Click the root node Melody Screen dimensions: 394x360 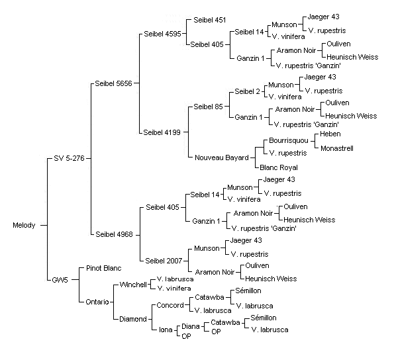tap(24, 225)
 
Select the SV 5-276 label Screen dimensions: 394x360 tap(69, 158)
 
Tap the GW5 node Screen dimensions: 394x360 tap(60, 280)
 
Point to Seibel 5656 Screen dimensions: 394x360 tap(113, 83)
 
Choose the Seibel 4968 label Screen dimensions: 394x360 tap(114, 234)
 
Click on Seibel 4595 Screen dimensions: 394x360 tap(162, 34)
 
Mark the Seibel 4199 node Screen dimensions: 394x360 tap(162, 132)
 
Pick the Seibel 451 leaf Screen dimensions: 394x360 tap(210, 20)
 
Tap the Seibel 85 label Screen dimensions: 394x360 tap(208, 107)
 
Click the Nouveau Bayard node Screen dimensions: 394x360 tap(222, 157)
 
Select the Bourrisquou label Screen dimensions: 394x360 tap(289, 140)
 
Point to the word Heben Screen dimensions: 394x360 tap(330, 134)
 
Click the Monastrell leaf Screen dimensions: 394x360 tap(336, 148)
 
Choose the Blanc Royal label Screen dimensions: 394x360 tap(278, 167)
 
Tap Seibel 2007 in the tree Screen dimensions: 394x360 tap(164, 261)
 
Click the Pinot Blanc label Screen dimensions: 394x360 tap(103, 268)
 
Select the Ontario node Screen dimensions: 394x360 tap(97, 302)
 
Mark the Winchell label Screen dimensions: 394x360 tap(133, 285)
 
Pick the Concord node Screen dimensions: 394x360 tap(170, 305)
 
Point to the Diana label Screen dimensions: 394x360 tap(191, 326)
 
